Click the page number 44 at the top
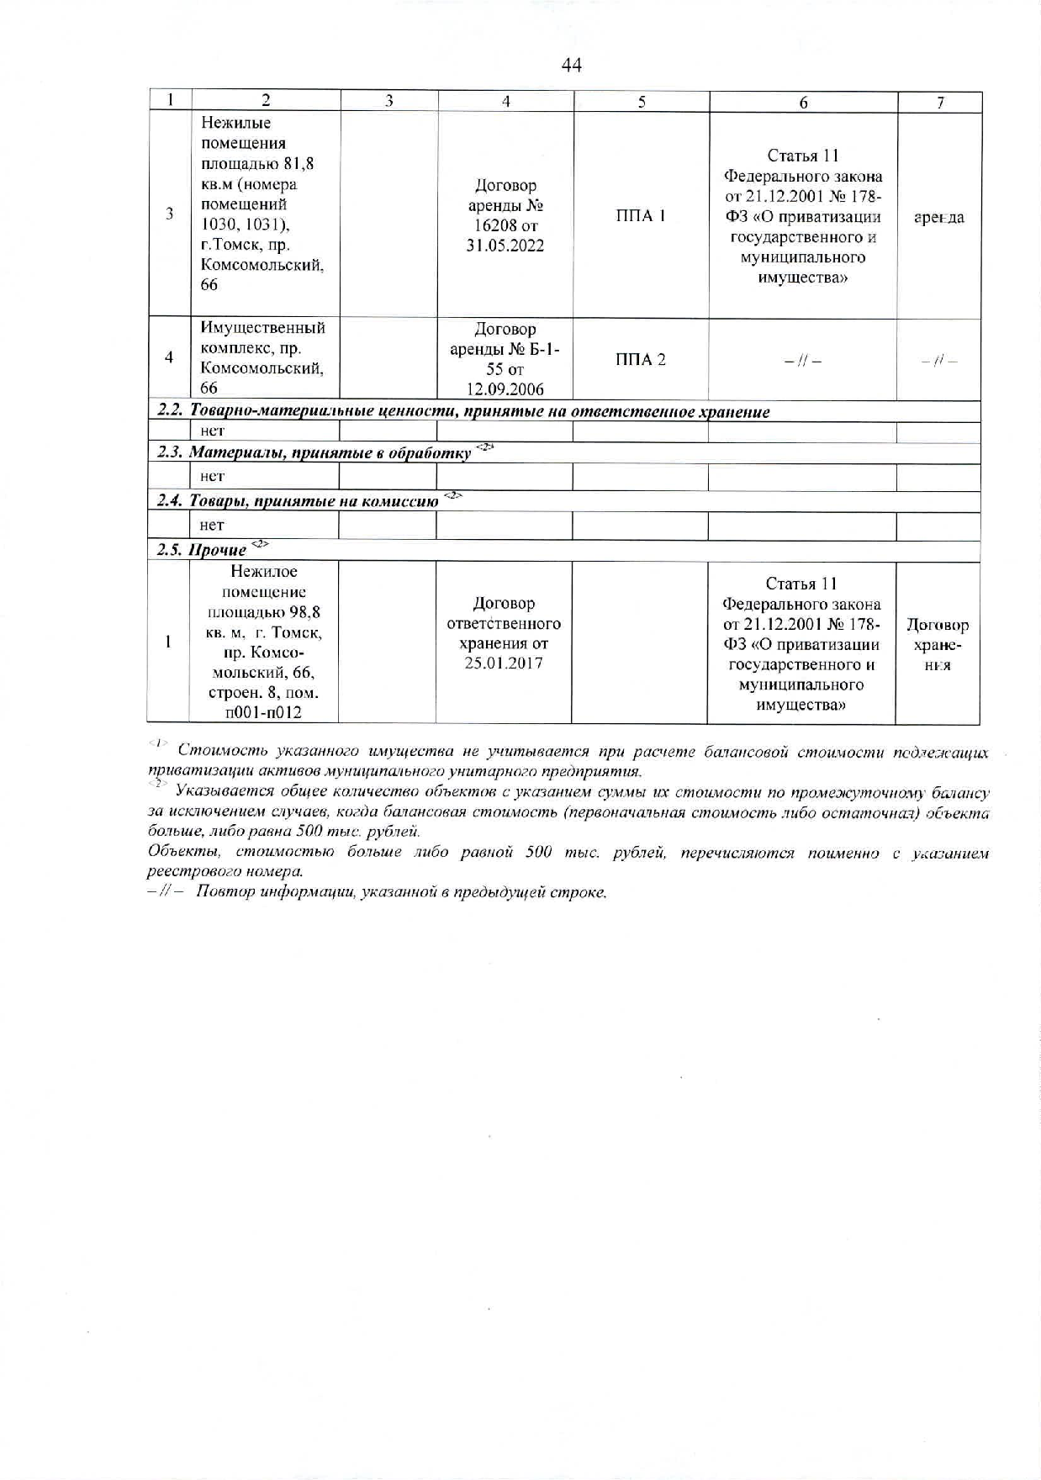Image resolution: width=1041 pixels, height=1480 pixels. [571, 65]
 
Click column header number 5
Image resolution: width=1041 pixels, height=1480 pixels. [642, 102]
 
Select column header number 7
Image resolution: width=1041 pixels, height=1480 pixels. [940, 103]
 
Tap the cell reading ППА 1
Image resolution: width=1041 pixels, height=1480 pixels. [641, 216]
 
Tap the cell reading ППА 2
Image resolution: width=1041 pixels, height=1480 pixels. [641, 360]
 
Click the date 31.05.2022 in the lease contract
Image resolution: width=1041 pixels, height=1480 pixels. [505, 246]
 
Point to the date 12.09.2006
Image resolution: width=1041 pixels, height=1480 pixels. [505, 389]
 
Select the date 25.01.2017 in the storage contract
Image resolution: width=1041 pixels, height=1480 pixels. [504, 663]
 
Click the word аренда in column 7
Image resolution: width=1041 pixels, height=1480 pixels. [938, 218]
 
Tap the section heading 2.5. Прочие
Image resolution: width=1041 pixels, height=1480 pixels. [202, 550]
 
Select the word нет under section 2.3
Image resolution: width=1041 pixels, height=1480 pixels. [213, 476]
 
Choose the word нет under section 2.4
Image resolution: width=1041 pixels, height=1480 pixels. [212, 526]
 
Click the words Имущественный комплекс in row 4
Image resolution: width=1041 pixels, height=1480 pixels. [262, 338]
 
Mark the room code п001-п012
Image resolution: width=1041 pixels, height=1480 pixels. [264, 713]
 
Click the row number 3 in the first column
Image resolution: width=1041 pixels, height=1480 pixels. [169, 214]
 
